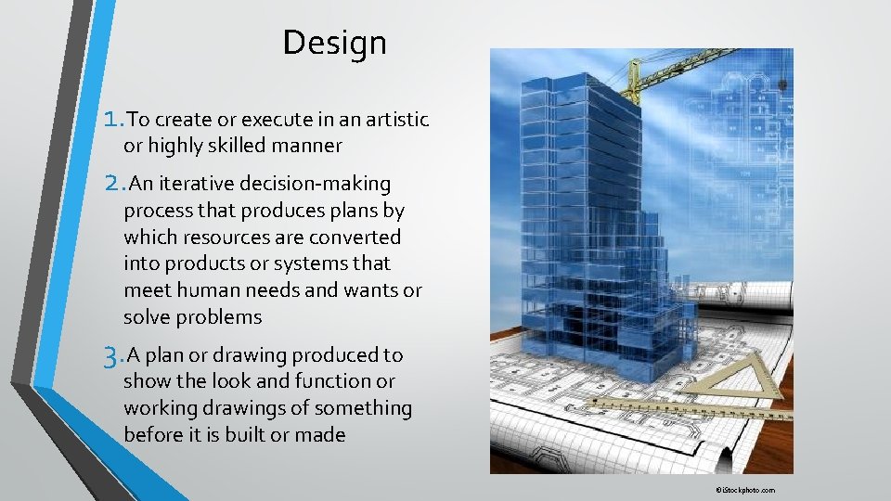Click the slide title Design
coord(334,43)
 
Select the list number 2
coord(117,184)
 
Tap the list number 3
coord(116,354)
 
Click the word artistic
coord(394,120)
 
